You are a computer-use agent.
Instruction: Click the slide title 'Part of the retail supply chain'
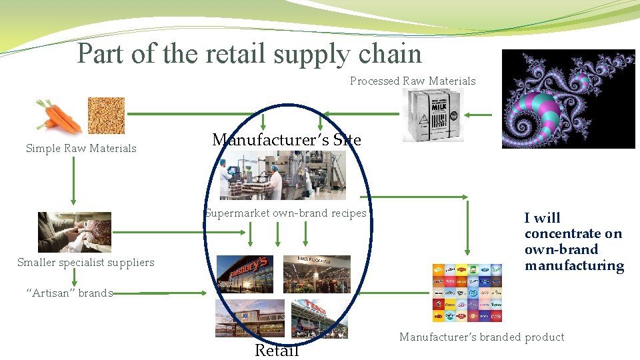coord(249,53)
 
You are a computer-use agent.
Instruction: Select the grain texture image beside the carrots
coord(106,115)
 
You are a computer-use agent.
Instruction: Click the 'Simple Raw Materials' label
coord(81,149)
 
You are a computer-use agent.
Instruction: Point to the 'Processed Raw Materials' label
coord(413,81)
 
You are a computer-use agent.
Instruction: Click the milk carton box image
coord(432,115)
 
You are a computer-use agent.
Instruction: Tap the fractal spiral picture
coord(568,99)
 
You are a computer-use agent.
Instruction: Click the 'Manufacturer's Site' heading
coord(286,140)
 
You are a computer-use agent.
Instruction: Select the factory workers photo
coord(283,175)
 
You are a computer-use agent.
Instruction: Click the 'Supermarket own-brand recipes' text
coord(285,213)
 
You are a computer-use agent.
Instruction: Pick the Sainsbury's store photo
coord(245,273)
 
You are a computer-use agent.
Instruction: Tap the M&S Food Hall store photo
coord(307,273)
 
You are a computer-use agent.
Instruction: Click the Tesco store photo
coord(319,318)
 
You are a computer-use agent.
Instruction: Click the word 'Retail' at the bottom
coord(277,350)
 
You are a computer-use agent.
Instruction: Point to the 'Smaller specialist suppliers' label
coord(85,263)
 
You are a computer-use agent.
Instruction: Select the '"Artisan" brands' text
coord(69,293)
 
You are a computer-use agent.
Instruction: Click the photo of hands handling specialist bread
coord(75,231)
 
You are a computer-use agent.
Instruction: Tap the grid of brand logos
coord(467,293)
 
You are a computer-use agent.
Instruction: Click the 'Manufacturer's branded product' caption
coord(481,337)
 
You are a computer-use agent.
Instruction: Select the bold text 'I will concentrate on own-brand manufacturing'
coord(573,241)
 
